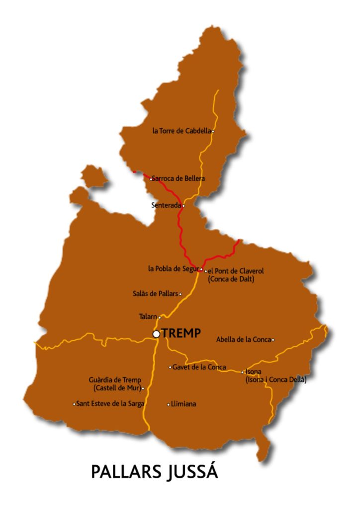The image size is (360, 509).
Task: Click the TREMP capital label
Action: click(x=181, y=334)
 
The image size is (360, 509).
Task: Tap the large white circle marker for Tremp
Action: click(x=156, y=334)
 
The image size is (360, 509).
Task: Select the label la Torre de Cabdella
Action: click(x=181, y=131)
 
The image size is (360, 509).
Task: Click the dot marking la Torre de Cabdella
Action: click(x=213, y=131)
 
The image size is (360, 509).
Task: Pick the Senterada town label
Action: click(x=166, y=205)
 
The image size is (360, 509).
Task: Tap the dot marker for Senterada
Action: click(x=183, y=205)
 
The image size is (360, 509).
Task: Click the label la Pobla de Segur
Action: click(x=173, y=269)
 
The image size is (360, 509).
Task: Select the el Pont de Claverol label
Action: click(x=236, y=271)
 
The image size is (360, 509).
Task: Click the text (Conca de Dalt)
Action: click(x=231, y=279)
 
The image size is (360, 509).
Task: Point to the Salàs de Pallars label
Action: click(x=155, y=294)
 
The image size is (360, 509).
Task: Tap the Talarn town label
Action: click(x=148, y=317)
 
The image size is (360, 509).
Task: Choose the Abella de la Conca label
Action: click(x=243, y=339)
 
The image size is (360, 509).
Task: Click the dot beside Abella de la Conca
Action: click(x=273, y=339)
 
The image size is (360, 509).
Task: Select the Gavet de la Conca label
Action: click(x=199, y=367)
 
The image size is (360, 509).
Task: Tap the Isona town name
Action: click(x=254, y=372)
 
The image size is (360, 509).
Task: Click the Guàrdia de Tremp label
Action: click(x=115, y=380)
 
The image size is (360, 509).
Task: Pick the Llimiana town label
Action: click(x=183, y=404)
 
